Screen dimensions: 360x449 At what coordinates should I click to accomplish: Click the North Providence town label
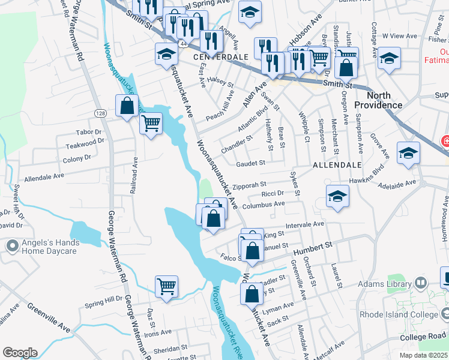384,100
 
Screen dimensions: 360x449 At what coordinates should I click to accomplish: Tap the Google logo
20,352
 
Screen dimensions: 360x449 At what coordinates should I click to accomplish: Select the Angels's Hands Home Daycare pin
11,246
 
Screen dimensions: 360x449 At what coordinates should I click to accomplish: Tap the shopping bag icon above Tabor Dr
127,106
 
